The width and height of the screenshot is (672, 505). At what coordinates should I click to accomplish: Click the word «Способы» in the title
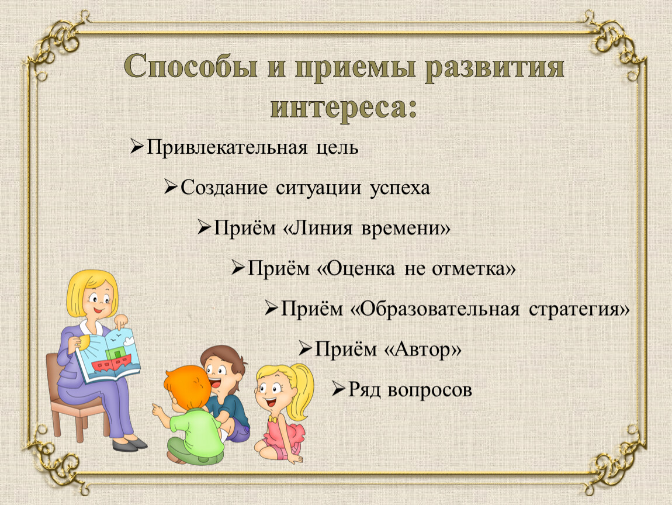click(190, 67)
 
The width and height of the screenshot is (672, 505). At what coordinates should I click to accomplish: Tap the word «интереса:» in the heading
click(344, 107)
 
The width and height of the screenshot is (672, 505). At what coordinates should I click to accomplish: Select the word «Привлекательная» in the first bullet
click(227, 148)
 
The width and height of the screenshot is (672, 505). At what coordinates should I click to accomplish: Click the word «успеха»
click(400, 188)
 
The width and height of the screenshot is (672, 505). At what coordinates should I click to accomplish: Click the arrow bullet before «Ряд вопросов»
click(338, 389)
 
